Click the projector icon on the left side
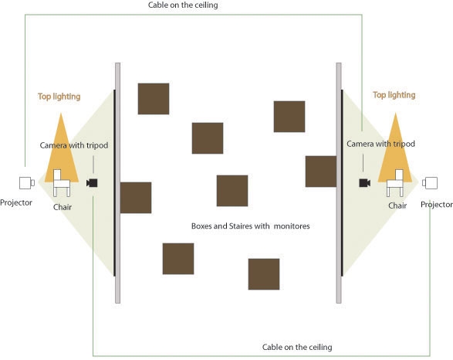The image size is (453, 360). coord(27,183)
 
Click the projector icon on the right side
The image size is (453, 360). coord(430,183)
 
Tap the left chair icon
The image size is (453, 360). coord(62,183)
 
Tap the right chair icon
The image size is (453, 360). coord(395,183)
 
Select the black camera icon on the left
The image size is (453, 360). coord(92,183)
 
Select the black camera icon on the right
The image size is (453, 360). coord(364,183)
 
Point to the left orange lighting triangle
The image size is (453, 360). coord(61,151)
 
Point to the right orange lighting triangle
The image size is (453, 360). coord(395,151)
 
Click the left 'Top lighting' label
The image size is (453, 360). coord(59,97)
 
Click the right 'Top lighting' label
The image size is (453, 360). coord(394,95)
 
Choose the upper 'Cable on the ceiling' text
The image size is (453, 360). coord(183,5)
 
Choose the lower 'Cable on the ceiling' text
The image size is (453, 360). coord(297,347)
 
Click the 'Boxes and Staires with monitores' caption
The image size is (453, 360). coord(251,226)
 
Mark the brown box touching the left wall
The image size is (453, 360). coord(136,198)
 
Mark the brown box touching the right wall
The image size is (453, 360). coord(321,172)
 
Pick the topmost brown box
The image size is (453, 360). coord(154,99)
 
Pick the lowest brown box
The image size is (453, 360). coord(264,274)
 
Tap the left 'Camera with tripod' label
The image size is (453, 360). coord(74,145)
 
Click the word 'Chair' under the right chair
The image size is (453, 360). coord(397,205)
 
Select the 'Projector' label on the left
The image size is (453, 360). coord(16,202)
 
